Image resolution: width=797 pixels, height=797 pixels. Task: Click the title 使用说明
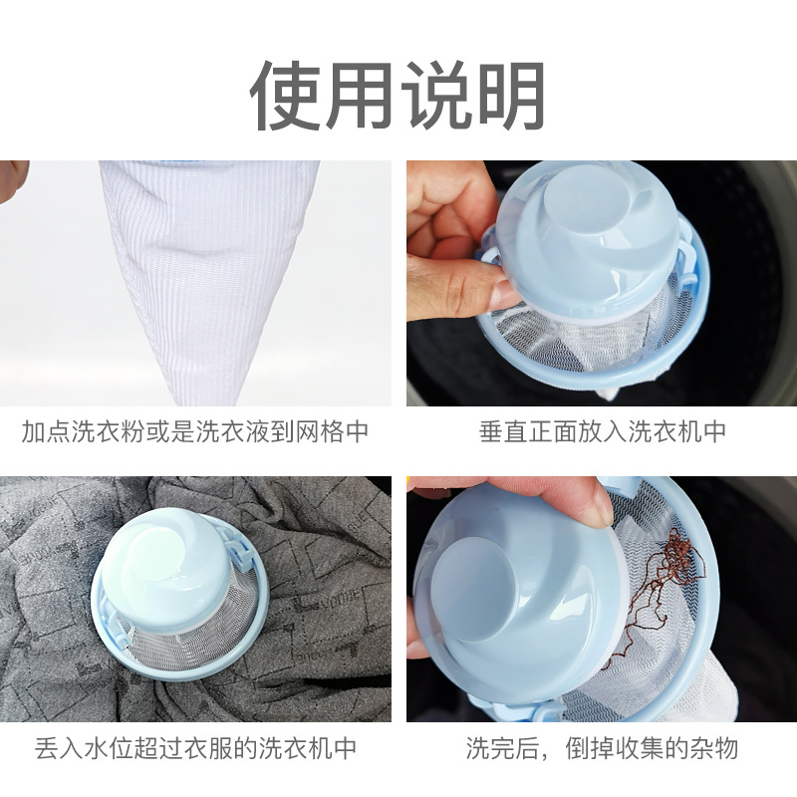[x=398, y=96]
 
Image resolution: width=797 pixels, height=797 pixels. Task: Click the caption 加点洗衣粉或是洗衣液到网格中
[x=195, y=431]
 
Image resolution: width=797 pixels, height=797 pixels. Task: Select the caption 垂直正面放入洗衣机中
[x=602, y=431]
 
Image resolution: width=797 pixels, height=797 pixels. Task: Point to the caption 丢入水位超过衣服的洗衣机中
[x=195, y=747]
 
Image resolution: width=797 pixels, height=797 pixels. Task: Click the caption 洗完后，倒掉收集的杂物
[x=602, y=747]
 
